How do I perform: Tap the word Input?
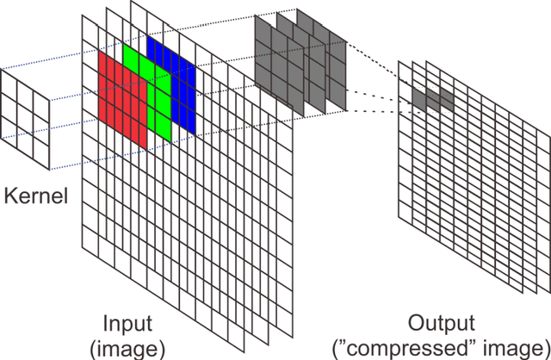[127, 325]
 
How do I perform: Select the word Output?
[442, 325]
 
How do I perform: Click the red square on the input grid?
[123, 97]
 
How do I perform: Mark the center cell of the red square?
[123, 97]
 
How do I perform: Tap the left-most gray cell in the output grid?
[418, 98]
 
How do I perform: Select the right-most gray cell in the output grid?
[447, 101]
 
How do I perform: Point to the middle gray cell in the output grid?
[432, 99]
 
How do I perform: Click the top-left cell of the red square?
[107, 68]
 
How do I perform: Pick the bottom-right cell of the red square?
[139, 130]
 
